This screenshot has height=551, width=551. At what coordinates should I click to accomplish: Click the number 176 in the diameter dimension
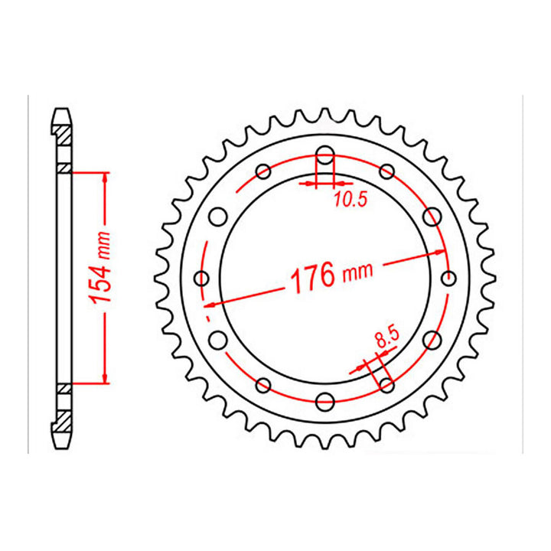(x=311, y=276)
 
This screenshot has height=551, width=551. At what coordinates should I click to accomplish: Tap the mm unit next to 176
(x=357, y=270)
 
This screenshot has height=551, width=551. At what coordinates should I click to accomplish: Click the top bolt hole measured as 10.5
(x=325, y=157)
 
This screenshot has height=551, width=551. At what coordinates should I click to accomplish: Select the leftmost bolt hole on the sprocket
(x=203, y=278)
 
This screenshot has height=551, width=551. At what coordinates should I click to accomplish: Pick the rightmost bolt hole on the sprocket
(x=448, y=278)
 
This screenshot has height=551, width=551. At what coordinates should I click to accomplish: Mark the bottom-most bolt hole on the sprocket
(x=325, y=399)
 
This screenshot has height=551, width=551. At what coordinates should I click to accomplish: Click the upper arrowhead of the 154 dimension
(x=105, y=177)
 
